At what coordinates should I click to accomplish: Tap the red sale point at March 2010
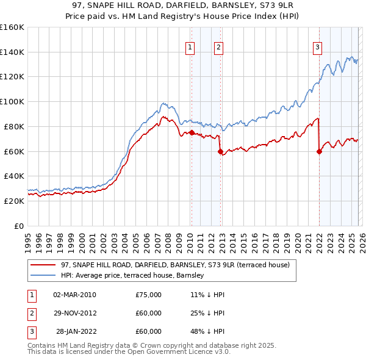click(x=191, y=132)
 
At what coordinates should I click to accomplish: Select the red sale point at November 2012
click(x=221, y=151)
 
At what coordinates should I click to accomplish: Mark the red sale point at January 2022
click(x=319, y=152)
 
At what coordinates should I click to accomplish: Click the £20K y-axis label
click(x=12, y=201)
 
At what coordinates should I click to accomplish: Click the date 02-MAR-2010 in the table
click(x=74, y=295)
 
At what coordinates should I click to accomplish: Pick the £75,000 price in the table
click(x=148, y=295)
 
